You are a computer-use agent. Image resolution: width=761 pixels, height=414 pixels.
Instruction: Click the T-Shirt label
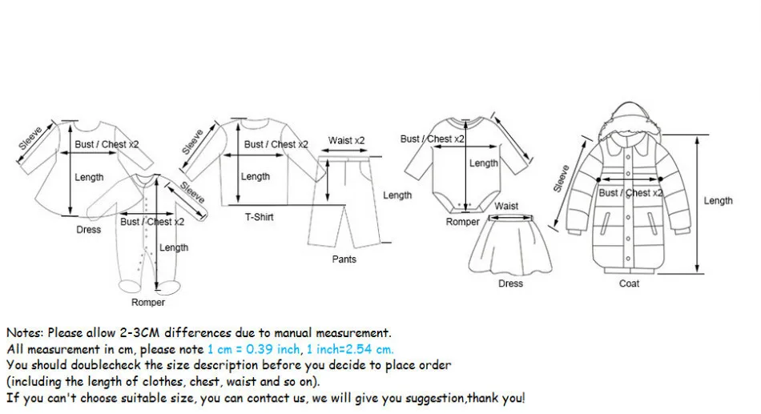pos(259,217)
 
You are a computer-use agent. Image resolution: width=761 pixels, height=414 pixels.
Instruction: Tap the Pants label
pos(344,259)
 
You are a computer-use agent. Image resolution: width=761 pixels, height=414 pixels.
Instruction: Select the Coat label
pos(629,283)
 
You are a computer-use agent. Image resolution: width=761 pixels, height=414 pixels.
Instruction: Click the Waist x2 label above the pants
pos(346,141)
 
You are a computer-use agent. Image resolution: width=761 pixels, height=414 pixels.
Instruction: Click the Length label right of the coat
pos(718,200)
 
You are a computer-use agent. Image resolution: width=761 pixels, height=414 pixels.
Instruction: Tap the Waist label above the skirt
pos(506,206)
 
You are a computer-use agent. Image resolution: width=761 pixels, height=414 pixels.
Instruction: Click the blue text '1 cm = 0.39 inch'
pos(253,349)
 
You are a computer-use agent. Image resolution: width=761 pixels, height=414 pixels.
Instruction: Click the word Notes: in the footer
pos(26,332)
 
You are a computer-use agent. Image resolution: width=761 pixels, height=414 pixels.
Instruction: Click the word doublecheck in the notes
pos(100,365)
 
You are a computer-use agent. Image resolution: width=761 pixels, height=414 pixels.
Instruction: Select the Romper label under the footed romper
pos(148,302)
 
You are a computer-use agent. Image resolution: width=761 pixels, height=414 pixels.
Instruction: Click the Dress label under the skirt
pos(510,283)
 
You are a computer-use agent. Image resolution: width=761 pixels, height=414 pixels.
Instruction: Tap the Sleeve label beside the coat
pos(561,179)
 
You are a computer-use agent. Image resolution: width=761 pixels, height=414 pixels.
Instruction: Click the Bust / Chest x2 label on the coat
pos(631,193)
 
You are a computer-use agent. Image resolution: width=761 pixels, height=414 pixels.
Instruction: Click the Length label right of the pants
pos(397,195)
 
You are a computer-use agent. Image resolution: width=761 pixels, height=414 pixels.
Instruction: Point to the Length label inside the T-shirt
pos(256,176)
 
